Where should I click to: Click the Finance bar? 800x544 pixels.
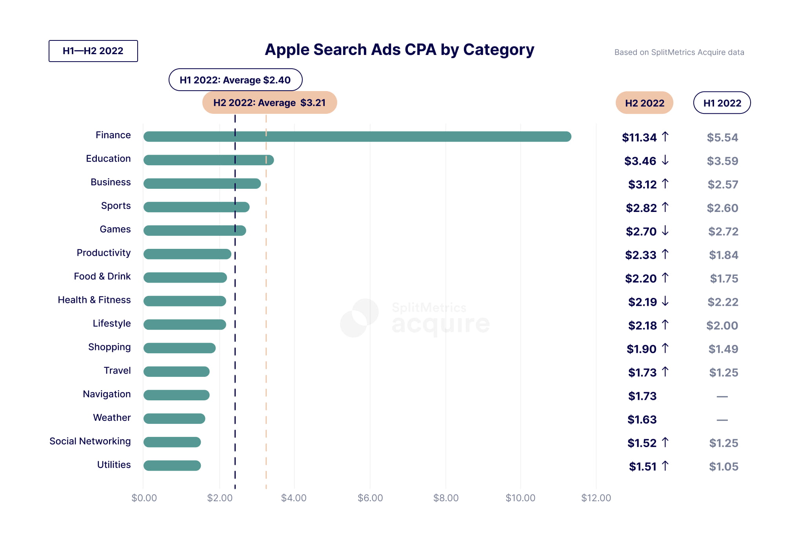click(357, 137)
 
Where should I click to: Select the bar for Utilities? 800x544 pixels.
click(172, 466)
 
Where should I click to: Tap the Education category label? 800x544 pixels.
click(108, 159)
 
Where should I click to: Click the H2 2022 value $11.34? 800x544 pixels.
click(639, 138)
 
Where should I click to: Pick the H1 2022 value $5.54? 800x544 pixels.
click(722, 138)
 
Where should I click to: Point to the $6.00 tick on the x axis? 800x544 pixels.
click(370, 498)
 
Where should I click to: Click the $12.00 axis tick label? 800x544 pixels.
click(596, 498)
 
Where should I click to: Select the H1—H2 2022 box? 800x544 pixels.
click(93, 51)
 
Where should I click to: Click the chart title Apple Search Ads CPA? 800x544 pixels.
click(399, 50)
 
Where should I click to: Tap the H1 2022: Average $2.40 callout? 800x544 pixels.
click(235, 80)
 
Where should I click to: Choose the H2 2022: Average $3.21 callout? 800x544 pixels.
click(269, 103)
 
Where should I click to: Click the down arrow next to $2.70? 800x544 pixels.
click(665, 231)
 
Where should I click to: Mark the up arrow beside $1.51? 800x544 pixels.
click(665, 466)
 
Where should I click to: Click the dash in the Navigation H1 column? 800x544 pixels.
click(722, 397)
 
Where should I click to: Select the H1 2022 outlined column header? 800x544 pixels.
click(722, 103)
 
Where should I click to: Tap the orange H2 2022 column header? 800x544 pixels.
click(644, 103)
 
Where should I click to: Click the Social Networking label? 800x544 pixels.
click(90, 441)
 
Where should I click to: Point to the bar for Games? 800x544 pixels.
click(195, 231)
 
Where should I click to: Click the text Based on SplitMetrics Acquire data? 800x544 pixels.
click(679, 53)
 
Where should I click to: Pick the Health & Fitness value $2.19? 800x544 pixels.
click(642, 302)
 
